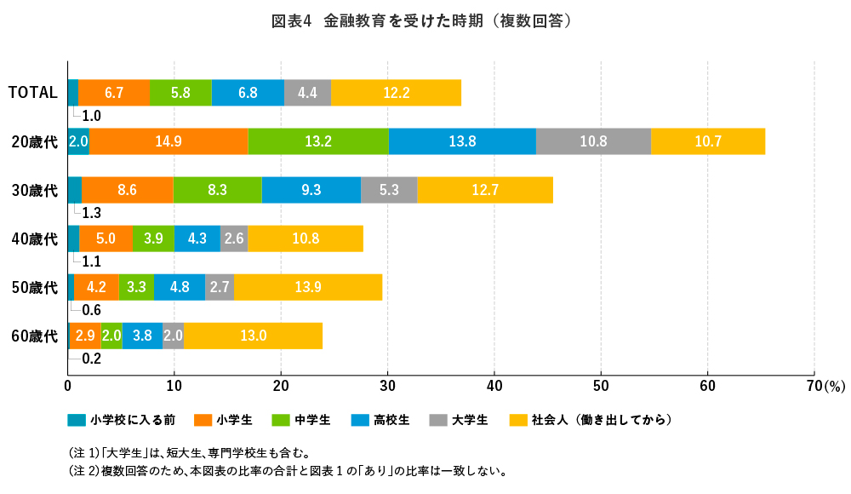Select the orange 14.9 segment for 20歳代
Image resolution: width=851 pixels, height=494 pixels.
[x=168, y=141]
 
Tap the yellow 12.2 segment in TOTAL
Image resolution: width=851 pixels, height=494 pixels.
[x=397, y=92]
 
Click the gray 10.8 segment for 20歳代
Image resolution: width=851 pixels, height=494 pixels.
[x=593, y=141]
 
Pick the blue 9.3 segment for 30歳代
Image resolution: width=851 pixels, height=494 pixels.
[x=311, y=190]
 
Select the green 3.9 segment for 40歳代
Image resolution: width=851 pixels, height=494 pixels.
[x=153, y=238]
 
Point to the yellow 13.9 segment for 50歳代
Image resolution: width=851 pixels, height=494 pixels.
[x=308, y=288]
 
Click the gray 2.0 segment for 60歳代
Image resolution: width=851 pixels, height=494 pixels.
[x=173, y=336]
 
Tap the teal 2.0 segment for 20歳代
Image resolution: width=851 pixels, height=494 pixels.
[x=78, y=141]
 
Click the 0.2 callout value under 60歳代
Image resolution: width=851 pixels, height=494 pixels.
[x=91, y=359]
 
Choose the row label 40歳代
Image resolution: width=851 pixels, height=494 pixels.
[x=34, y=238]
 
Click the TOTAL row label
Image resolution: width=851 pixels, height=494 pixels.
[x=32, y=92]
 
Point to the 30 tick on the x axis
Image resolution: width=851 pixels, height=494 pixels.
[x=388, y=386]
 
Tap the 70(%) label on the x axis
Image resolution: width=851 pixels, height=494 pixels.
[x=821, y=386]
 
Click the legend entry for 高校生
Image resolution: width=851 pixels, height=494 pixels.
[x=391, y=420]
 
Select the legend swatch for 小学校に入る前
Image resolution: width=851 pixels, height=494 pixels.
[x=77, y=420]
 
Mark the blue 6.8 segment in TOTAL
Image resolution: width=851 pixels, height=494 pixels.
[x=248, y=92]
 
